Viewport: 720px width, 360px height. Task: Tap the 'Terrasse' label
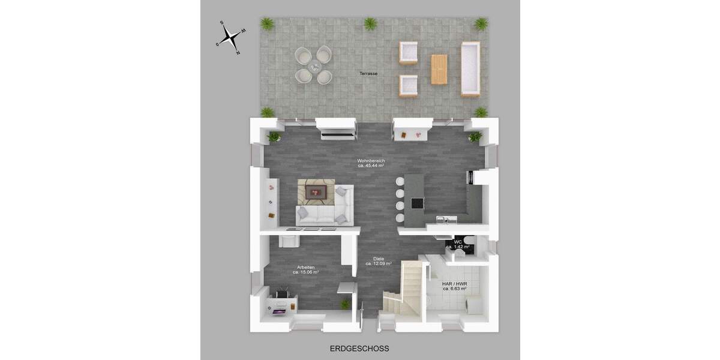pyautogui.click(x=368, y=73)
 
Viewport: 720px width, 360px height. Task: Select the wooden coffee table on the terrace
pyautogui.click(x=439, y=69)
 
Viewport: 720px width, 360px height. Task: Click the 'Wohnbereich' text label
pyautogui.click(x=370, y=161)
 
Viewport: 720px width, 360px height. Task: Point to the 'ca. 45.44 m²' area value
pyautogui.click(x=370, y=166)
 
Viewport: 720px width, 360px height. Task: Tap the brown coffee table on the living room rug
pyautogui.click(x=316, y=192)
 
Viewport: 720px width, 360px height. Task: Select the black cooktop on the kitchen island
pyautogui.click(x=416, y=203)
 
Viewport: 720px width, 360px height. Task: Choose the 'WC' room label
pyautogui.click(x=457, y=242)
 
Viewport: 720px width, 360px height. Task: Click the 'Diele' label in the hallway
pyautogui.click(x=379, y=259)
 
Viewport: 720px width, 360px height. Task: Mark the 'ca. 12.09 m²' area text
pyautogui.click(x=379, y=264)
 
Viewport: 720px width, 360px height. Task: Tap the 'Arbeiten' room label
pyautogui.click(x=305, y=267)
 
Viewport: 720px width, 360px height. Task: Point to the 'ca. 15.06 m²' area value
pyautogui.click(x=305, y=272)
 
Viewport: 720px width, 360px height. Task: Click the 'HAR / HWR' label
pyautogui.click(x=455, y=283)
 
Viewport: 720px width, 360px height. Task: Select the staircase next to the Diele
pyautogui.click(x=403, y=288)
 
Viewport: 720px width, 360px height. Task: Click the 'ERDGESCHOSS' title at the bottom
pyautogui.click(x=359, y=348)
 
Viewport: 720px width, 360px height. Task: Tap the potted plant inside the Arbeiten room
pyautogui.click(x=346, y=304)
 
